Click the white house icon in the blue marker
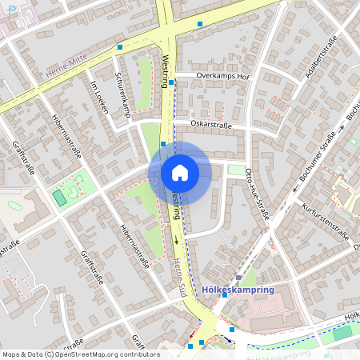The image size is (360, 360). click(x=180, y=172)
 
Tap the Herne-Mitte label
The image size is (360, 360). click(x=66, y=72)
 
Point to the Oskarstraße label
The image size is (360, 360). click(x=211, y=124)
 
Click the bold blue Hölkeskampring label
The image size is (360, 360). click(x=239, y=290)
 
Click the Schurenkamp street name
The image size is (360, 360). click(x=123, y=95)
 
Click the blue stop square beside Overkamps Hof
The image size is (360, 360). click(x=171, y=82)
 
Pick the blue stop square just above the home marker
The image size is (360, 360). click(x=163, y=144)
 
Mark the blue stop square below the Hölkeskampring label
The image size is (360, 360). click(x=232, y=329)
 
